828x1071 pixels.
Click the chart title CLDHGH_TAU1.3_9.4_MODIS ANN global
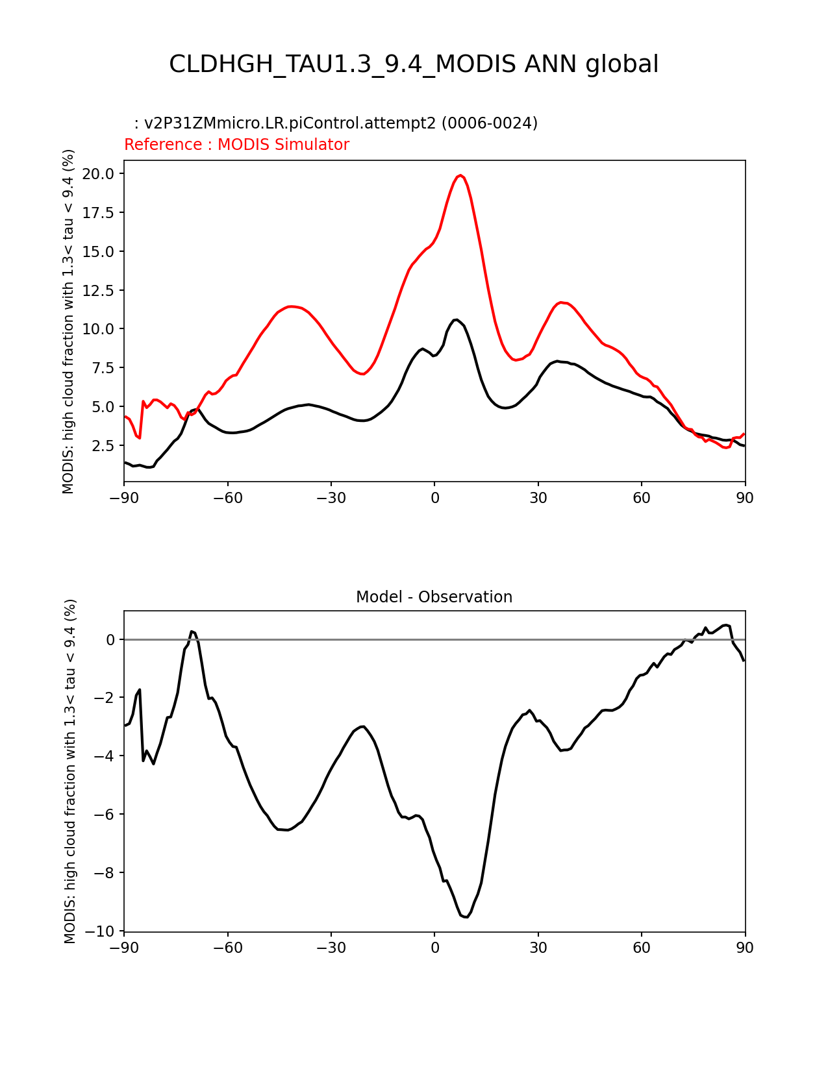pyautogui.click(x=414, y=64)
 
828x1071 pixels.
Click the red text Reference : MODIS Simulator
pyautogui.click(x=236, y=145)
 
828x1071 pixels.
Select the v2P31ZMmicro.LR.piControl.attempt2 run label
pyautogui.click(x=340, y=123)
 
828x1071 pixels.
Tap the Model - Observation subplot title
pyautogui.click(x=434, y=597)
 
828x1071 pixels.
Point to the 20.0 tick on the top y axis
pyautogui.click(x=98, y=173)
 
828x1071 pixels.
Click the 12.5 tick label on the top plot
pyautogui.click(x=98, y=290)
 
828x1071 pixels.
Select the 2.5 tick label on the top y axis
pyautogui.click(x=102, y=445)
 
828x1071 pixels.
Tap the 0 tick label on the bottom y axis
pyautogui.click(x=110, y=640)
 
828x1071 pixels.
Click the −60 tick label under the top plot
pyautogui.click(x=227, y=498)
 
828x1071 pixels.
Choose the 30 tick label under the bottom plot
pyautogui.click(x=538, y=948)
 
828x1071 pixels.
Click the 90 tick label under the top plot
pyautogui.click(x=745, y=498)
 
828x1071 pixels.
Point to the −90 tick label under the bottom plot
pyautogui.click(x=124, y=948)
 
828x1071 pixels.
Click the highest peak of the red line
pyautogui.click(x=460, y=175)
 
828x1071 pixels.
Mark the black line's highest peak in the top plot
pyautogui.click(x=456, y=319)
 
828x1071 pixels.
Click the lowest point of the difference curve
pyautogui.click(x=466, y=917)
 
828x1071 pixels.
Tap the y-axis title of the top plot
pyautogui.click(x=69, y=321)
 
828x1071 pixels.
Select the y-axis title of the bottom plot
pyautogui.click(x=70, y=771)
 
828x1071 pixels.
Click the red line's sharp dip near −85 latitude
pyautogui.click(x=140, y=438)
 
